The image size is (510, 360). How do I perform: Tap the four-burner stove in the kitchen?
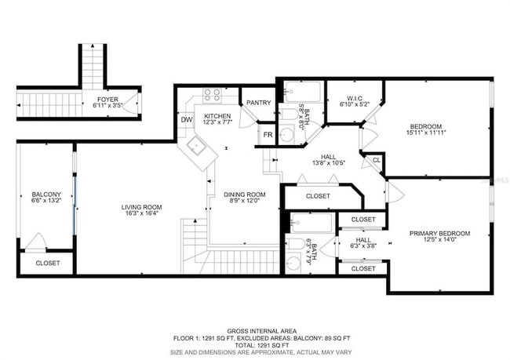(212, 96)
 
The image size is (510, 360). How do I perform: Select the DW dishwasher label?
(187, 120)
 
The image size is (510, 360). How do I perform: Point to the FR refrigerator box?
(268, 134)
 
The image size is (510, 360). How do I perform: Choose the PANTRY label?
(258, 102)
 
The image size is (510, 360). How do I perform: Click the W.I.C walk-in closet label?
(353, 98)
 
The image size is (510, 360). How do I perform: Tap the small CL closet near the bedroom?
(377, 160)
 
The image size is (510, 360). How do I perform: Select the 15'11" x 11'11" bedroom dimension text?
(426, 133)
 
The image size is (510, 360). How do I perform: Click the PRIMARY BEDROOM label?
(439, 233)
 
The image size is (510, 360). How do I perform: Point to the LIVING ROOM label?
(141, 207)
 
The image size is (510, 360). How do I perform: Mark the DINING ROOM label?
(245, 195)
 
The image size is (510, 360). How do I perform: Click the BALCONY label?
(41, 195)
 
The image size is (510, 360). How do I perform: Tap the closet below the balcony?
(47, 264)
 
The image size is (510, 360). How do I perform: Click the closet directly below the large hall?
(318, 196)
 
